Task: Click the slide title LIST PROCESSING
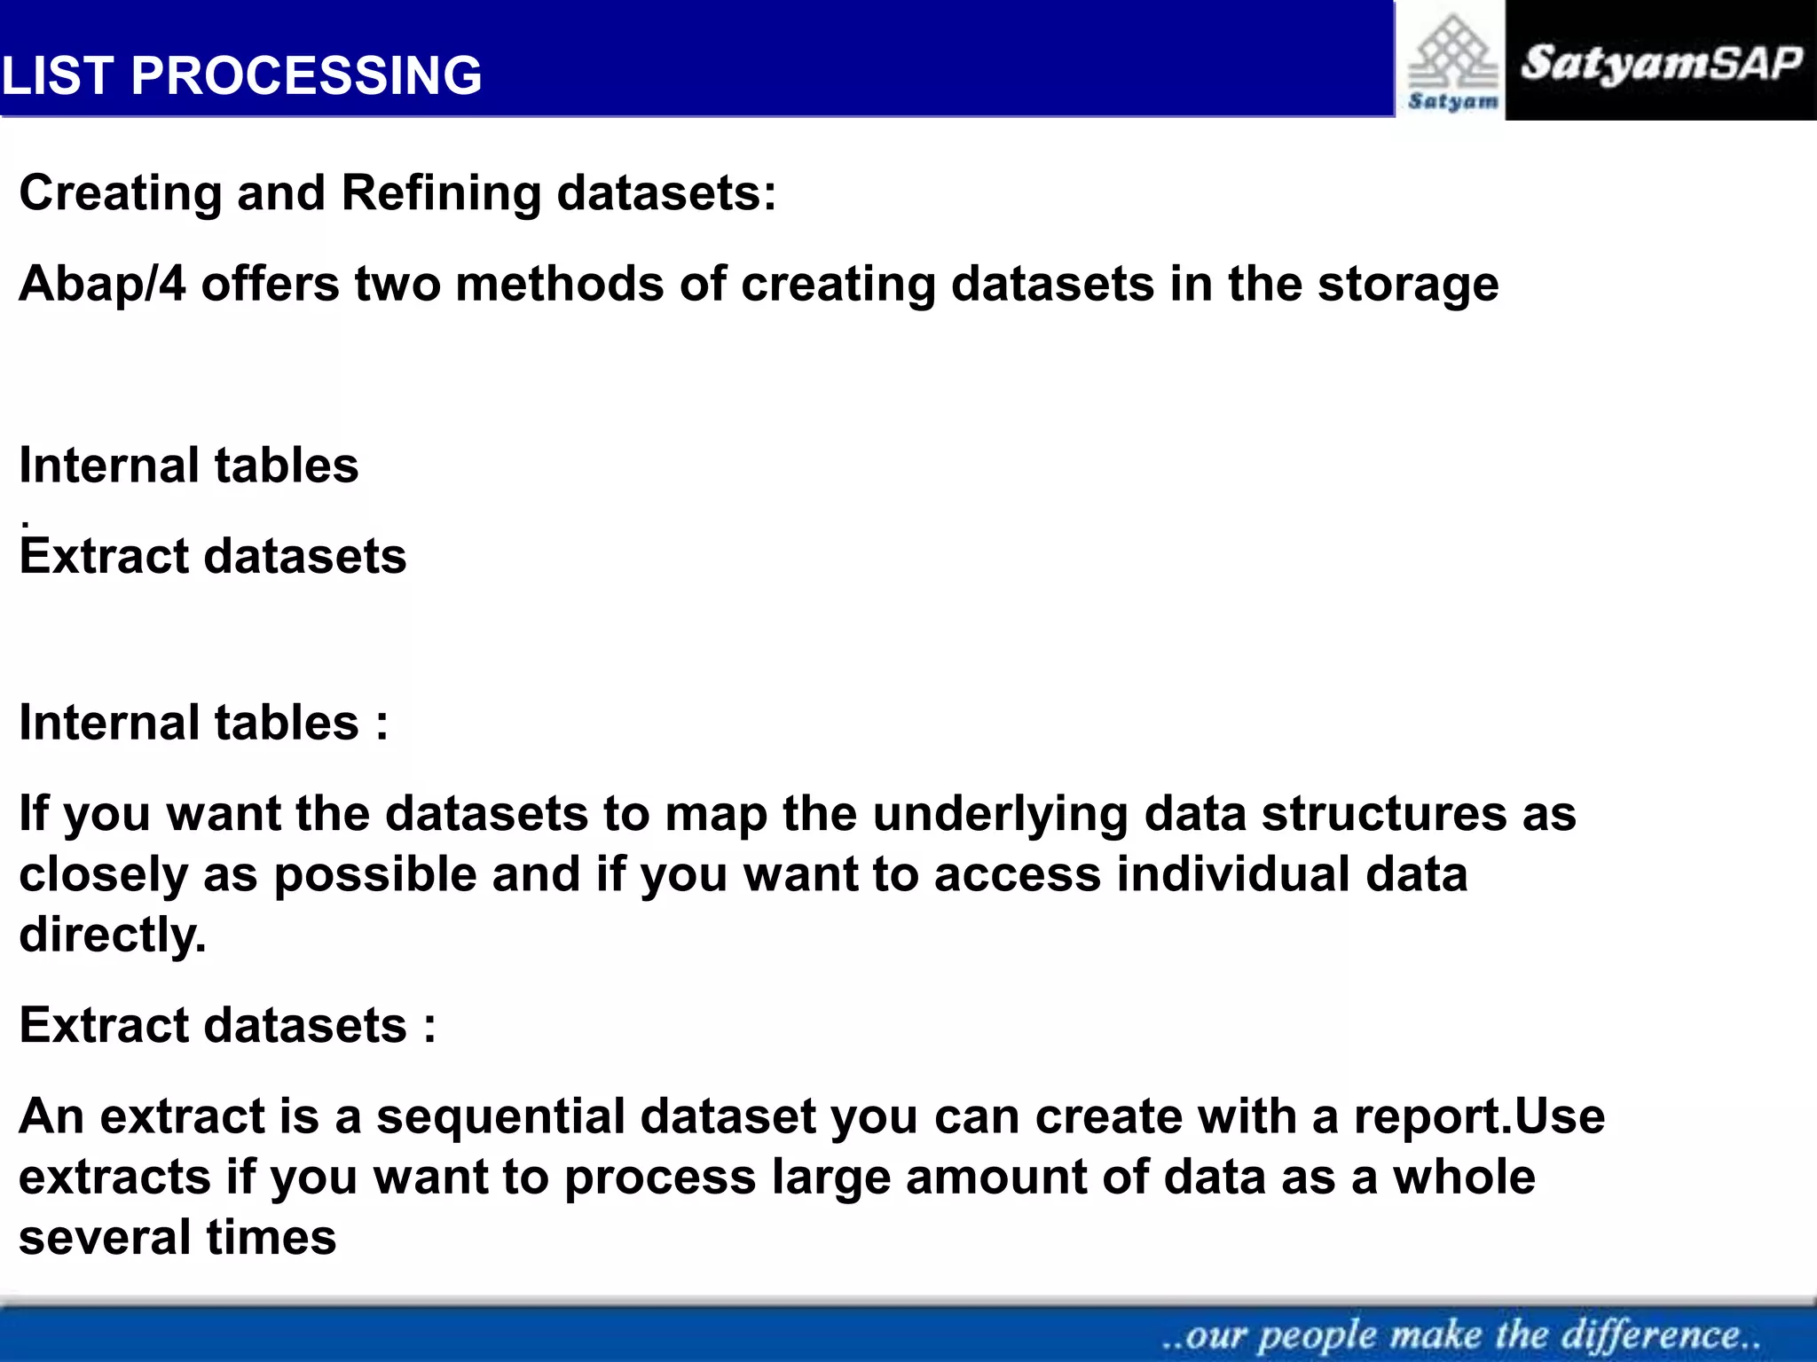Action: (x=241, y=75)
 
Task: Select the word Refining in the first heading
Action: (x=440, y=193)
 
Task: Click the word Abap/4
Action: (x=102, y=285)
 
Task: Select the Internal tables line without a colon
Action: (x=188, y=466)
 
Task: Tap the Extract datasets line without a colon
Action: (x=213, y=557)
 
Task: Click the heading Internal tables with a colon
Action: (x=203, y=723)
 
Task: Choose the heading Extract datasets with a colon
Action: (x=227, y=1026)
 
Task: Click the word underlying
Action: (x=999, y=814)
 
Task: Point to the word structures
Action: (x=1383, y=814)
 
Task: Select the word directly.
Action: (x=113, y=935)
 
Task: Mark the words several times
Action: (x=177, y=1238)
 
